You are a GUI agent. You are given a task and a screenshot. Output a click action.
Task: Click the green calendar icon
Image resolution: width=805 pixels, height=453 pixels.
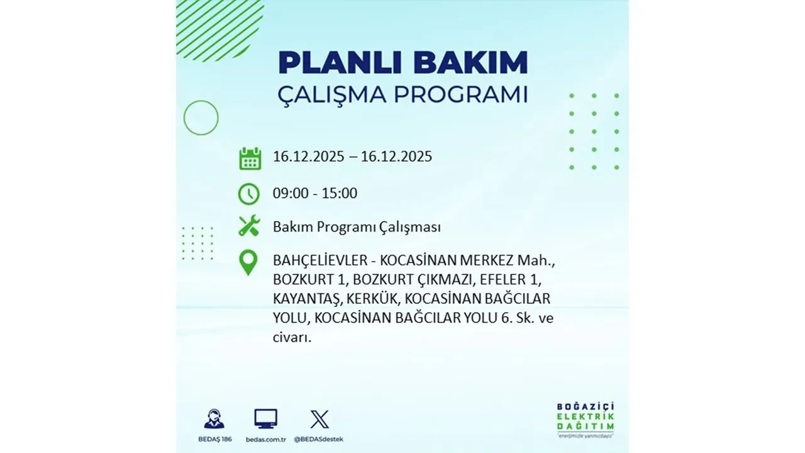click(x=250, y=158)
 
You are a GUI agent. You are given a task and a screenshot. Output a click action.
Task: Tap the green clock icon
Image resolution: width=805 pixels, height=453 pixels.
click(x=249, y=194)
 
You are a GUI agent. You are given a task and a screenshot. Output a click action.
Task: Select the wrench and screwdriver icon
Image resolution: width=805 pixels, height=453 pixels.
click(x=249, y=226)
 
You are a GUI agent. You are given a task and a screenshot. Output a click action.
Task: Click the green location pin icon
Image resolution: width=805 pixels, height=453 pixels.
click(x=249, y=262)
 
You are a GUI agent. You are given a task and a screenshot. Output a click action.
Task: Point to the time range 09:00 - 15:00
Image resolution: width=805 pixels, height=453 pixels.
click(x=314, y=193)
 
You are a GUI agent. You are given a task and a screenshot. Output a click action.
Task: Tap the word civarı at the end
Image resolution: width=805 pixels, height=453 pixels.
click(x=292, y=337)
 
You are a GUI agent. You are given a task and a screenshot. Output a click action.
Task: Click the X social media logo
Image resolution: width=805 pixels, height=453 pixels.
click(x=319, y=418)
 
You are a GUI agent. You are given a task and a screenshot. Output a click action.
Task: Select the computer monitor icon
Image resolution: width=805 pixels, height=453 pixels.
click(x=265, y=418)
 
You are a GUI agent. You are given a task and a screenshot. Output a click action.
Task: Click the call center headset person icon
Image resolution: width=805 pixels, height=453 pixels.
click(x=214, y=418)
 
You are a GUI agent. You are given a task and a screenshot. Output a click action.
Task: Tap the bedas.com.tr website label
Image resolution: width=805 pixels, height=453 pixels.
click(x=266, y=439)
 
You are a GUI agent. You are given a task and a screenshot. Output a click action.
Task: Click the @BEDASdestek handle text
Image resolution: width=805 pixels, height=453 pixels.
click(x=320, y=439)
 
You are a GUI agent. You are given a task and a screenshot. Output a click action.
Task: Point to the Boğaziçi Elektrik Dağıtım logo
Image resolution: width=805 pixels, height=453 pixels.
click(x=586, y=418)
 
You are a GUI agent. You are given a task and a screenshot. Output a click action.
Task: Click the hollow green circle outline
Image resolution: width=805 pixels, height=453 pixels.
click(x=201, y=118)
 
